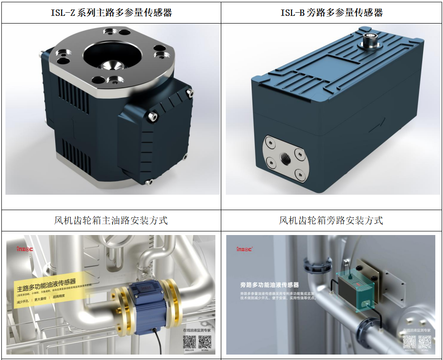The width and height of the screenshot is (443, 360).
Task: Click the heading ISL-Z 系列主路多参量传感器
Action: (111, 12)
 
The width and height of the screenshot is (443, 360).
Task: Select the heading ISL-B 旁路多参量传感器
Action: (332, 12)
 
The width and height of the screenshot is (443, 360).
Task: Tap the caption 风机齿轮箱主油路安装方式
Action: (111, 221)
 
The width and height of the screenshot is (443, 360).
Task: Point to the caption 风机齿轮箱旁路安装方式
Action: (331, 221)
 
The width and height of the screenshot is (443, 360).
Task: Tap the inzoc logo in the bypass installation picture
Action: (245, 249)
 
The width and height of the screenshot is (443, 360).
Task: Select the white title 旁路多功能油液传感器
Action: (270, 285)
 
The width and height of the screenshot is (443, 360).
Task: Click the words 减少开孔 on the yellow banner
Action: (23, 302)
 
